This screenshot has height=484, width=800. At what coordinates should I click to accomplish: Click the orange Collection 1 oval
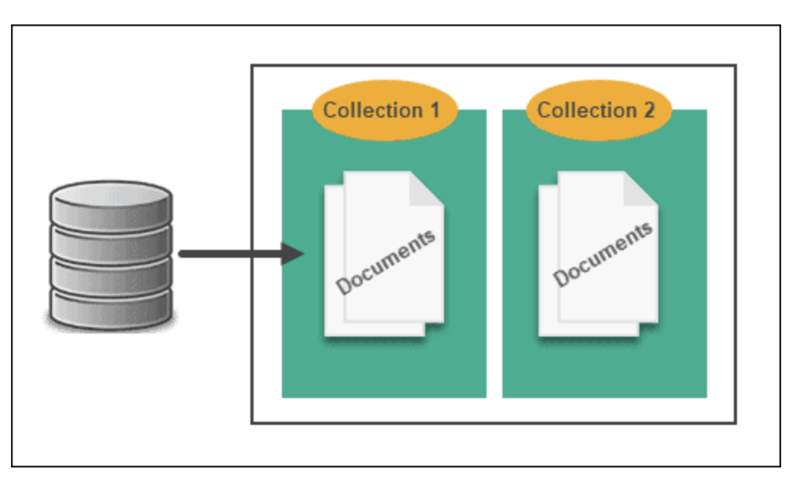click(383, 110)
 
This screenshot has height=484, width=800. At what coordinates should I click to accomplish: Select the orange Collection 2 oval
click(598, 110)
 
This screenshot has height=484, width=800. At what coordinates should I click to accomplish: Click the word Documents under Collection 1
click(386, 262)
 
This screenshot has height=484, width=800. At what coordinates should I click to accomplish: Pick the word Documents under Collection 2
click(602, 255)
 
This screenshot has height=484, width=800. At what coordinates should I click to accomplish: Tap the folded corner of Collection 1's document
click(426, 189)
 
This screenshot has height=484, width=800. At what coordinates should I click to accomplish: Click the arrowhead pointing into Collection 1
click(294, 254)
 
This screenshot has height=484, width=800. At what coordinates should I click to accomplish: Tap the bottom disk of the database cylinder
click(110, 307)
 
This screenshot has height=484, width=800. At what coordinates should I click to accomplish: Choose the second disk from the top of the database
click(110, 239)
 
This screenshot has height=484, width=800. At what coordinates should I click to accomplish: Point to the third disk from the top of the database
click(110, 273)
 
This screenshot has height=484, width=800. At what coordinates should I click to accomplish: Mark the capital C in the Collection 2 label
click(546, 110)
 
